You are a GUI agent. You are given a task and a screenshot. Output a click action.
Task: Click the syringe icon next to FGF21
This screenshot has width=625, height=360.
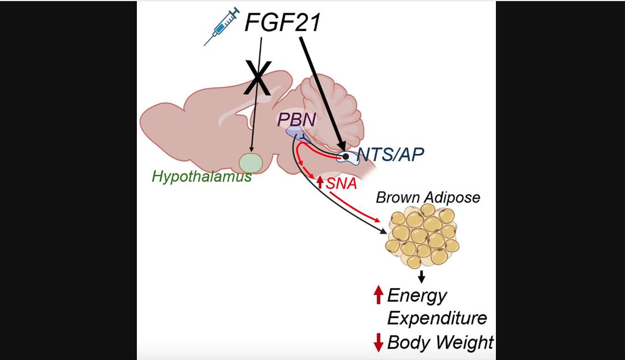coord(222,26)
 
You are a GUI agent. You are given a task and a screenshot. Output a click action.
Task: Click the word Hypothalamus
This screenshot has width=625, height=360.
coord(201,177)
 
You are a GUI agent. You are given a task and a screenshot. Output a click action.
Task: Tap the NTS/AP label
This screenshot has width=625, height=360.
coord(390,155)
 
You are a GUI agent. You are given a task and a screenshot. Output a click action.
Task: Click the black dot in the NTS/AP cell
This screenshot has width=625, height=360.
coord(346,157)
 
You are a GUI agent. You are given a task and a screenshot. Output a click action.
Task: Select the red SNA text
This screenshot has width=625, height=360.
coord(341,183)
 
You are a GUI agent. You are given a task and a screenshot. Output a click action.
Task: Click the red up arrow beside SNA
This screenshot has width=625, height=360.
coord(320,182)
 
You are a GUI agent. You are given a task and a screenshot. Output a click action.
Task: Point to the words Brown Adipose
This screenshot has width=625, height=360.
coord(428,197)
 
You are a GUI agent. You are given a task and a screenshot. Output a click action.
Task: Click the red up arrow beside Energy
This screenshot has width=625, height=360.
coord(378,295)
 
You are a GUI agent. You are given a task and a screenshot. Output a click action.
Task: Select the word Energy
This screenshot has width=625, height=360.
coord(417,295)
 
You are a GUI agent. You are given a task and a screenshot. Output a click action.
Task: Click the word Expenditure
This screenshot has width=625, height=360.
coord(437,318)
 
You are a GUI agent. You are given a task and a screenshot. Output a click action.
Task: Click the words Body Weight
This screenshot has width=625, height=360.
coord(440,342)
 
